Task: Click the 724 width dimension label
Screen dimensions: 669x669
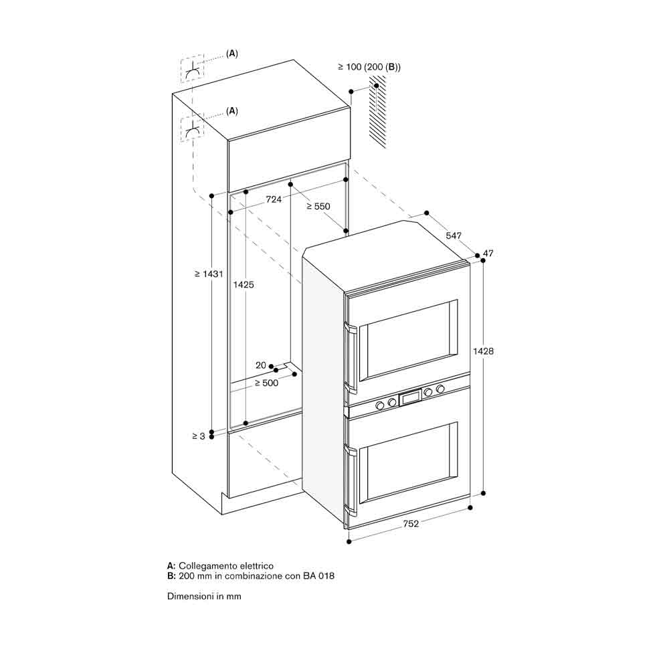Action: point(274,199)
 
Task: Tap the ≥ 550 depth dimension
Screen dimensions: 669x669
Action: point(318,207)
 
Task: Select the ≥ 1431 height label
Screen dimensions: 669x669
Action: point(209,274)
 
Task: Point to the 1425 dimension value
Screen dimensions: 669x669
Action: point(244,284)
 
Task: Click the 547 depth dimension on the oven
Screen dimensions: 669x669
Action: point(454,235)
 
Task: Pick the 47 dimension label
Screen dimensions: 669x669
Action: point(488,254)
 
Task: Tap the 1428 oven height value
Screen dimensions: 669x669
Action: point(484,351)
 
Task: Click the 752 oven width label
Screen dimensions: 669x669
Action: point(411,524)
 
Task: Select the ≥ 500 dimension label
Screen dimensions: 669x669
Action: point(266,383)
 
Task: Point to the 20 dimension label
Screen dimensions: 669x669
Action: point(261,365)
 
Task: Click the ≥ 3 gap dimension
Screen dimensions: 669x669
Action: point(199,436)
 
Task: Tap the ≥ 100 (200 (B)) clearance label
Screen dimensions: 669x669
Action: point(369,67)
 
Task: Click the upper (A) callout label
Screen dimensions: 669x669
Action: point(231,54)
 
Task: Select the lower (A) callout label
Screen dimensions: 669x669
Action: point(231,111)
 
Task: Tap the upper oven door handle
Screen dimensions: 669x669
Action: point(351,357)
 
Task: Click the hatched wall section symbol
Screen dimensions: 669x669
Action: point(377,112)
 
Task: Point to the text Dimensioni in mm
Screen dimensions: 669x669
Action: point(204,597)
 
